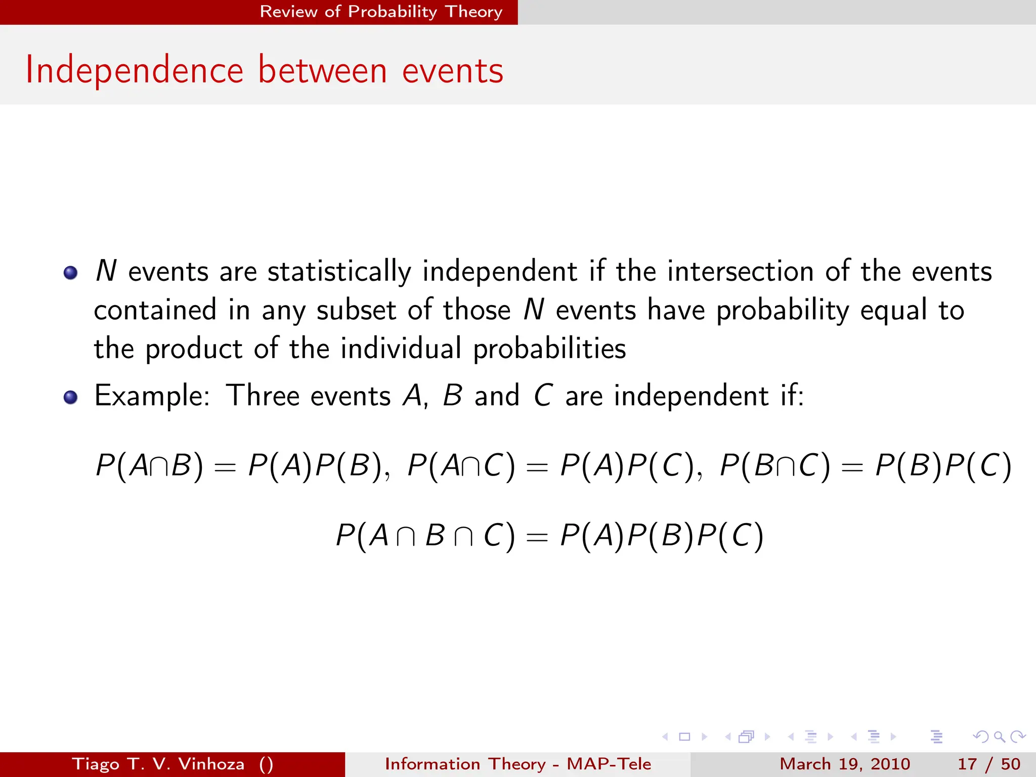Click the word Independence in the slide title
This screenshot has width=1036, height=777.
135,71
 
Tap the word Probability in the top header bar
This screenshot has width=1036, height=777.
393,12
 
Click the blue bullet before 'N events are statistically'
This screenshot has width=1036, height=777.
71,273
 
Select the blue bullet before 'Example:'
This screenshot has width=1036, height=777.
71,397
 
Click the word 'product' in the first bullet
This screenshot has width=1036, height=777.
194,349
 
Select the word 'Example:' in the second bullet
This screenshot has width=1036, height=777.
152,396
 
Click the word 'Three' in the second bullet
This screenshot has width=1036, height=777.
263,396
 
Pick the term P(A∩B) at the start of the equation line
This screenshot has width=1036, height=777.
150,465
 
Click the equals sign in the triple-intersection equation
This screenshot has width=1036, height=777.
537,537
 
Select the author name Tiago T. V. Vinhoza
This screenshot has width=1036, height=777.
158,764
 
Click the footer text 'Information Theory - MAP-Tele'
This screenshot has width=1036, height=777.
518,764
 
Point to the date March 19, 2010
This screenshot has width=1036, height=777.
845,764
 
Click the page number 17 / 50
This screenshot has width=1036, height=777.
988,764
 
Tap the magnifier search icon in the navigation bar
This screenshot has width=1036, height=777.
999,737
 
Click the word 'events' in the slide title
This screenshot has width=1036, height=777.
453,71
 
